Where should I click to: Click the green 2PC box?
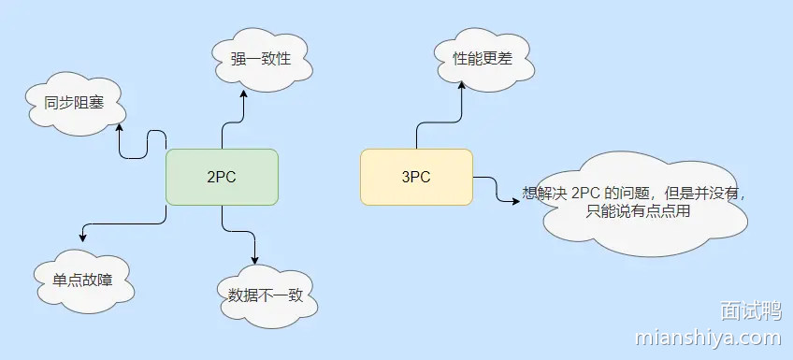click(x=222, y=177)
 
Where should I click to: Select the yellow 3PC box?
click(x=416, y=177)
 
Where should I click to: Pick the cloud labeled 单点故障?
click(x=80, y=279)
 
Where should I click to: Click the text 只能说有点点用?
click(x=638, y=211)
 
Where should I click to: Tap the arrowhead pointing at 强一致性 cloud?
click(x=244, y=98)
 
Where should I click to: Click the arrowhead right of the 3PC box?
click(x=515, y=199)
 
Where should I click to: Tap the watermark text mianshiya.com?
click(x=707, y=337)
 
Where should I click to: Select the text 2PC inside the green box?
click(x=222, y=177)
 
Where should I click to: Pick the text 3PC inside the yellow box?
click(x=416, y=177)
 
